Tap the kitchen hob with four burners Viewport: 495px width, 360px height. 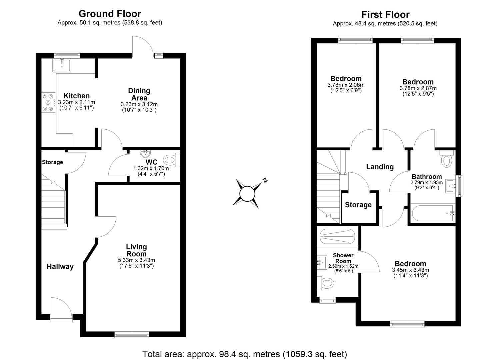(48, 103)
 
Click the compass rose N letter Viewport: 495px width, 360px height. (265, 180)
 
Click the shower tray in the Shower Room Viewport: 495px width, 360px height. (338, 236)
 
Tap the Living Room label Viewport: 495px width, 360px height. (136, 250)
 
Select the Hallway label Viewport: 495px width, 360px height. (60, 267)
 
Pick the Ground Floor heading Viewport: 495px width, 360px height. (110, 14)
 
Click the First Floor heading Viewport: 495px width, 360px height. (385, 14)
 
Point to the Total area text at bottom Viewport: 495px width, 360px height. (245, 354)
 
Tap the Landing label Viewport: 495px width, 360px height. (380, 167)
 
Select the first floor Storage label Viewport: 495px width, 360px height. (358, 205)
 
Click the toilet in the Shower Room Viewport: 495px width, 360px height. (325, 283)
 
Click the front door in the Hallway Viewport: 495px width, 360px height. (61, 309)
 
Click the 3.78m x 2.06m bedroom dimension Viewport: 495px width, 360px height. (346, 85)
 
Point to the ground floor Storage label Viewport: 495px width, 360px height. (52, 162)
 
